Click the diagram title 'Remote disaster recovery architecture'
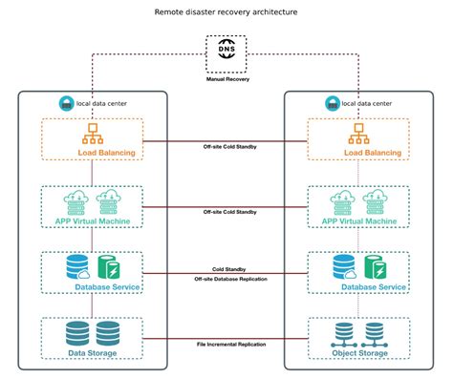pos(226,13)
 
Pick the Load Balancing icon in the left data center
pos(93,134)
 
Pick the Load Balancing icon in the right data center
pos(358,134)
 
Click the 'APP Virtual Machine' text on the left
pos(94,220)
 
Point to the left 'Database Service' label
pos(105,286)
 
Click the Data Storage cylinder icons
pos(93,332)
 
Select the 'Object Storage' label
pos(359,352)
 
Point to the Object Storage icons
pos(358,332)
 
